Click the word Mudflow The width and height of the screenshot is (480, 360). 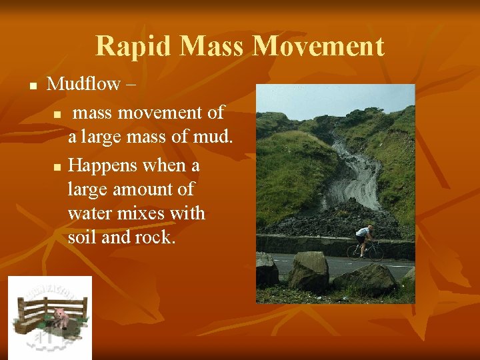pyautogui.click(x=83, y=84)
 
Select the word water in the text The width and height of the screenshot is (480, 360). pyautogui.click(x=91, y=214)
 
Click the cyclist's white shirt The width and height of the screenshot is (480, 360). pyautogui.click(x=363, y=233)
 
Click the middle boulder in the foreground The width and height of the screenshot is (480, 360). pyautogui.click(x=309, y=271)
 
